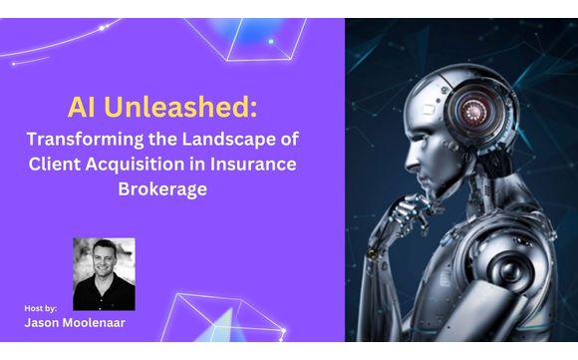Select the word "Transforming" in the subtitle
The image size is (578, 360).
click(86, 140)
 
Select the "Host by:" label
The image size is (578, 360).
click(43, 307)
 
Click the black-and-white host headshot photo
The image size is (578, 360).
click(104, 274)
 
